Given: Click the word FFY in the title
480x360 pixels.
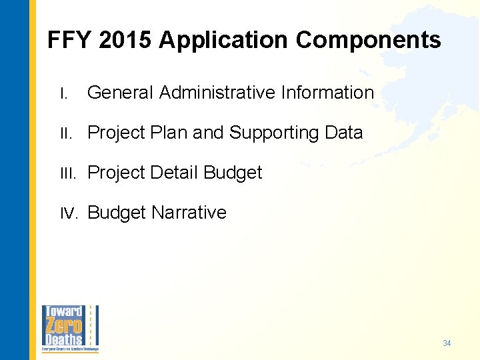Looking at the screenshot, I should click(69, 41).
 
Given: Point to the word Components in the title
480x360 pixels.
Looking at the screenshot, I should click(368, 41).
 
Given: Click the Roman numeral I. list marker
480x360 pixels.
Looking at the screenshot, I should click(63, 93).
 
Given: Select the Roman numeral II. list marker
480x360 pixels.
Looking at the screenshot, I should click(65, 133).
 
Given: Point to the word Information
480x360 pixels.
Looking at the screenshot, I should click(327, 93).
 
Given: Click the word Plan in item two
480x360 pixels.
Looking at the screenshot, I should click(171, 133).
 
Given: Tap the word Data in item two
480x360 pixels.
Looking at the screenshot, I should click(344, 133).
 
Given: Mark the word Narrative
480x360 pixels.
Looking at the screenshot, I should click(189, 213).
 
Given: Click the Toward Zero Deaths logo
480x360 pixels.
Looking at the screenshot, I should click(70, 329).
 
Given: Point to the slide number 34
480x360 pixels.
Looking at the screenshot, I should click(447, 343).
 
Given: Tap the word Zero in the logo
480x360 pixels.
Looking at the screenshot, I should click(63, 326).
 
